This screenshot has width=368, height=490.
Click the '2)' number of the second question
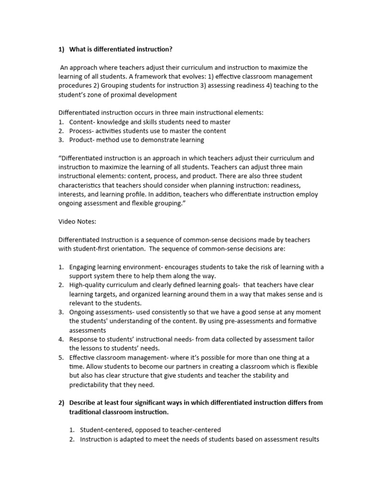(61, 403)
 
